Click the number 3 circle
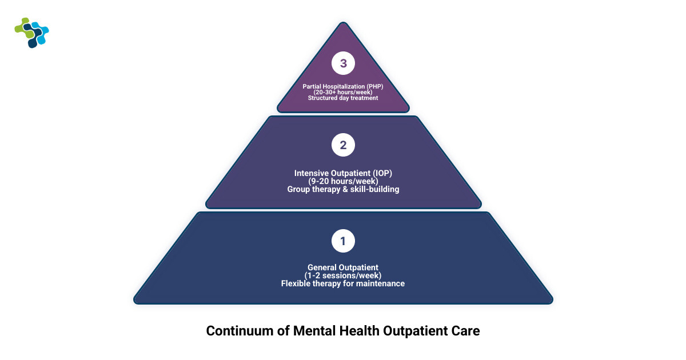343,63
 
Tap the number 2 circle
343,145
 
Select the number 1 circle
343,241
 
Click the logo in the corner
32,33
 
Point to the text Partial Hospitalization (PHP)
343,86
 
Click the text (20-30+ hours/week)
343,92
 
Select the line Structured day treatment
343,98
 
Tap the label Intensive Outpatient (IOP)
343,173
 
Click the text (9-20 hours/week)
343,181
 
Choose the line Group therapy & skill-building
343,189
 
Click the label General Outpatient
343,267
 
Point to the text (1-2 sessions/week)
343,275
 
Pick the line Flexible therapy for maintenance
343,283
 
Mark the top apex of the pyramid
343,24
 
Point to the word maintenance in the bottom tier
379,283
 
